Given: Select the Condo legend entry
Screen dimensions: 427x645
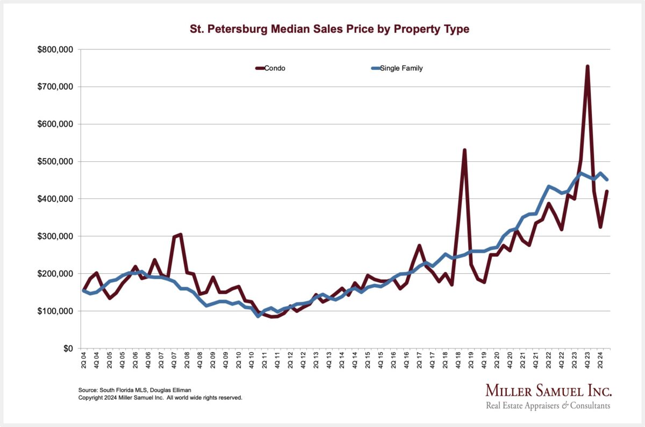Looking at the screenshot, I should [x=270, y=68].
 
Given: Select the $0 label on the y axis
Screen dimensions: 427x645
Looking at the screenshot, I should [x=68, y=348].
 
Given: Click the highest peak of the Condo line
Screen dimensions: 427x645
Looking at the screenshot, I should [x=587, y=66].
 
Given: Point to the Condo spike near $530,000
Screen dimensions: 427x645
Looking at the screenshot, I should [x=464, y=150].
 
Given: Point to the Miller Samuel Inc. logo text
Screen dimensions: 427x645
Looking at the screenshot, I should [x=548, y=390].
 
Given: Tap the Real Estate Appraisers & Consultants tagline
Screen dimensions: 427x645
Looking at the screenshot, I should [x=548, y=405].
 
